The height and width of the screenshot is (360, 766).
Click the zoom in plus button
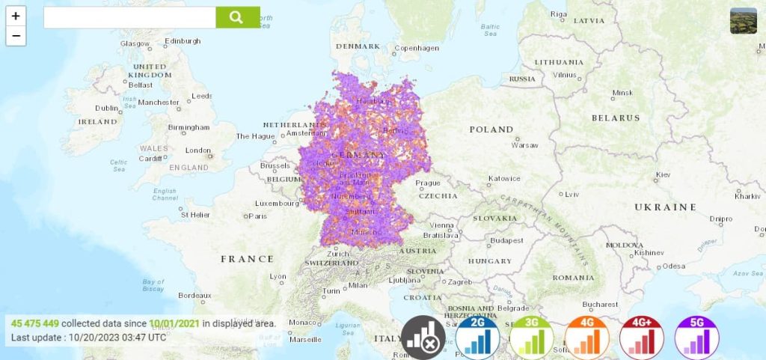(x=16, y=16)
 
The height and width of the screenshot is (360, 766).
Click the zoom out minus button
(x=16, y=35)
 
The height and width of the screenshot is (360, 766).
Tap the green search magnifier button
(x=237, y=17)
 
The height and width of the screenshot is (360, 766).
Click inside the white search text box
(x=129, y=17)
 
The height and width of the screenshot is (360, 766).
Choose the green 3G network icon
(x=532, y=336)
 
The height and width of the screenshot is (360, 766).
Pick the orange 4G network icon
(x=587, y=336)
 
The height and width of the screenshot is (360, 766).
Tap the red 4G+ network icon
(x=642, y=336)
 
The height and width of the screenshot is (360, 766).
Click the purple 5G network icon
(x=696, y=336)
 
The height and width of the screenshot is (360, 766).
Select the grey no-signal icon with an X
(x=423, y=338)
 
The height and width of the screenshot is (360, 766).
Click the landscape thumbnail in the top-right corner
(x=743, y=21)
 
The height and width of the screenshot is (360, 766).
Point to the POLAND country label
(x=491, y=129)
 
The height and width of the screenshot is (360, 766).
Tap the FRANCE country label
(x=247, y=259)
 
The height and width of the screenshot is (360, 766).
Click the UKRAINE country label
(x=665, y=207)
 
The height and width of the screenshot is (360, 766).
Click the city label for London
(x=197, y=150)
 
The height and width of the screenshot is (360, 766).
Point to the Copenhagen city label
(x=417, y=48)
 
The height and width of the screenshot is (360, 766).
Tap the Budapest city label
(x=506, y=240)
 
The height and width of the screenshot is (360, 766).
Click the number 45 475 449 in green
(x=35, y=323)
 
